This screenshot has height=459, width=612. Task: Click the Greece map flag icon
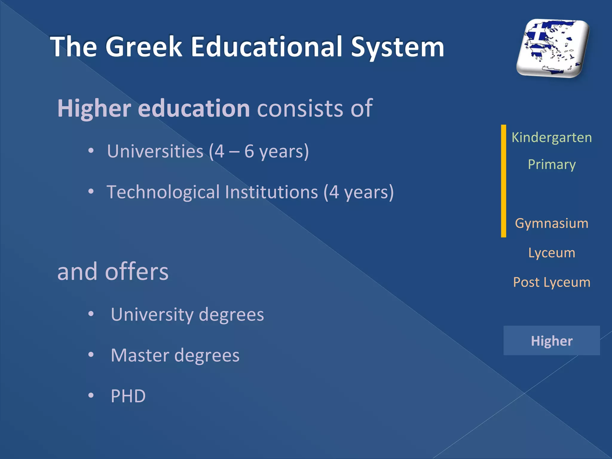pos(553,48)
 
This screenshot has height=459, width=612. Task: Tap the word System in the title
pos(397,47)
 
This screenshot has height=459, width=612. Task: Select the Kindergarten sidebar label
pos(552,137)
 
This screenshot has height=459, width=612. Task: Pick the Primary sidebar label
pos(552,165)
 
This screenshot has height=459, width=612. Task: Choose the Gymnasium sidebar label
pos(552,223)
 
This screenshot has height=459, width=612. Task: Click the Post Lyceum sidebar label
pos(552,282)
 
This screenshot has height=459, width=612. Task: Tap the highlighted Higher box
pos(552,341)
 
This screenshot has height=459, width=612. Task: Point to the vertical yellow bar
pos(504,181)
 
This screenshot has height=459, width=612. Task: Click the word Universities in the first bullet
pos(155,151)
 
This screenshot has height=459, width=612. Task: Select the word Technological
pos(163,192)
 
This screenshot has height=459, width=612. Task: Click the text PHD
pos(128,396)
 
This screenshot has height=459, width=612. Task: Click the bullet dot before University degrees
pos(91,314)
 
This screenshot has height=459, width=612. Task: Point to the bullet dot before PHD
pos(91,396)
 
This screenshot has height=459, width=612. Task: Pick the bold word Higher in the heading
pos(94,108)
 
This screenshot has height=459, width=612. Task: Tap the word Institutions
pos(271,192)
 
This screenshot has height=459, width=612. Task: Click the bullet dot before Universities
pos(91,151)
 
